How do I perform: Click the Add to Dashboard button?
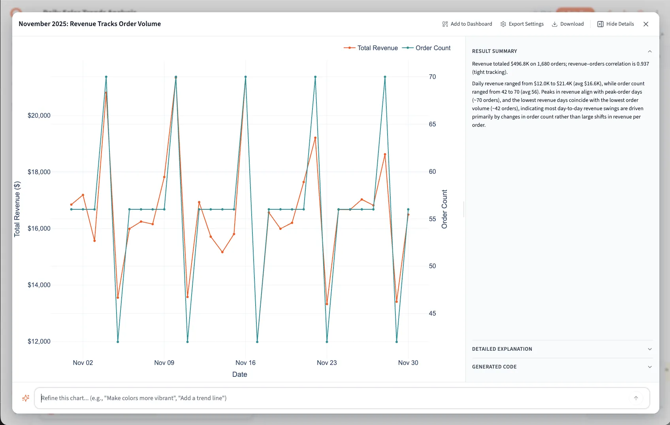pyautogui.click(x=467, y=24)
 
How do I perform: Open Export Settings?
pyautogui.click(x=522, y=24)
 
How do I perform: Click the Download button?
pyautogui.click(x=568, y=24)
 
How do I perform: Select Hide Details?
pyautogui.click(x=615, y=24)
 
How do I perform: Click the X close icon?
pyautogui.click(x=646, y=24)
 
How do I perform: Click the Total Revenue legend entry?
pyautogui.click(x=371, y=48)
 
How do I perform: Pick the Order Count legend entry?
pyautogui.click(x=427, y=48)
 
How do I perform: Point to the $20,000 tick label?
pyautogui.click(x=39, y=115)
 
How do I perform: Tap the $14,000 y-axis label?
pyautogui.click(x=39, y=285)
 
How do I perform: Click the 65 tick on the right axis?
pyautogui.click(x=432, y=124)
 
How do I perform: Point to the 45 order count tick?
pyautogui.click(x=432, y=313)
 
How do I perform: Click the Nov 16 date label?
pyautogui.click(x=245, y=363)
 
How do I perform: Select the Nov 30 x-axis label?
pyautogui.click(x=408, y=363)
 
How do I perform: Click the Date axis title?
pyautogui.click(x=239, y=374)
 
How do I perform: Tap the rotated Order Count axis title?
pyautogui.click(x=444, y=209)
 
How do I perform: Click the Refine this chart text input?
pyautogui.click(x=332, y=398)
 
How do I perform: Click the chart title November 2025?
pyautogui.click(x=90, y=24)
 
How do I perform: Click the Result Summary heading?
pyautogui.click(x=494, y=51)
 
